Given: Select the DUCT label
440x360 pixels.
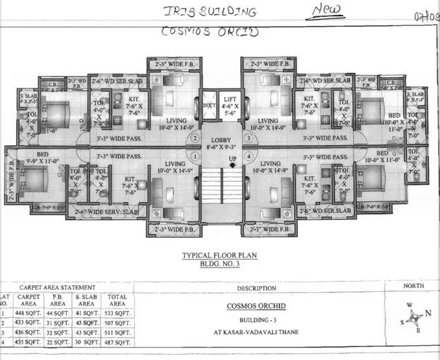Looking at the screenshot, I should tap(208, 106).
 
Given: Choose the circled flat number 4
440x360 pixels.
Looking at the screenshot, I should tap(248, 157).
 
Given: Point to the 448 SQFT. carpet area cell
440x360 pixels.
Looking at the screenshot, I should tap(31, 313).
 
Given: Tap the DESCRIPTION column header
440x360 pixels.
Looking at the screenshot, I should tap(257, 287).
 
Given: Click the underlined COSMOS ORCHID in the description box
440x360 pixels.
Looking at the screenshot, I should tap(258, 305).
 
